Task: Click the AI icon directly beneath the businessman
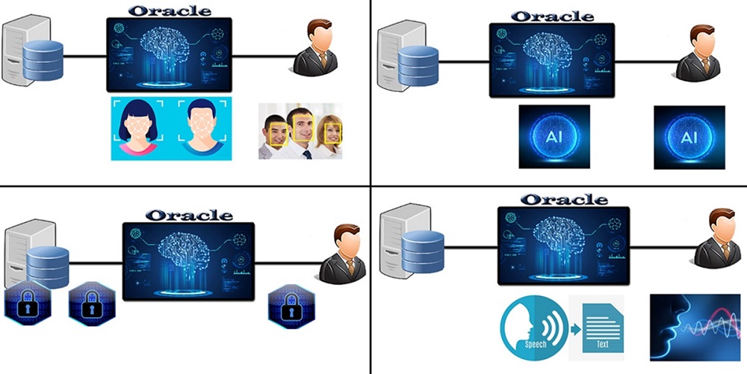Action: click(x=689, y=137)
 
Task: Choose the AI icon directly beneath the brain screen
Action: click(x=554, y=137)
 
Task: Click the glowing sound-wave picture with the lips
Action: click(x=694, y=327)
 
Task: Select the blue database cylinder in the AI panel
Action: click(x=416, y=66)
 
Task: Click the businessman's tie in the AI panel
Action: click(x=706, y=65)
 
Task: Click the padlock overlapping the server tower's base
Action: click(x=27, y=305)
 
